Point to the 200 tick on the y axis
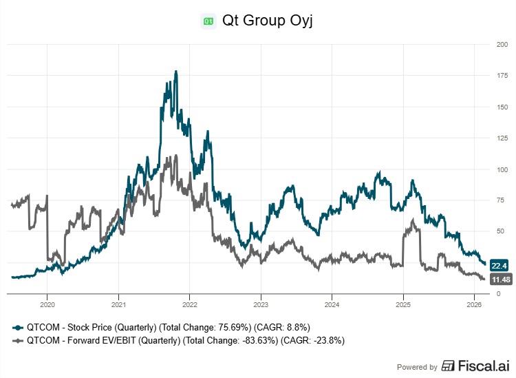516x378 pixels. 502,45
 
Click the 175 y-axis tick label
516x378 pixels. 502,76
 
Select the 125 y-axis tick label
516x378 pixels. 502,138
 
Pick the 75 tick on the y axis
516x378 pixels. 502,200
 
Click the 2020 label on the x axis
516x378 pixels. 47,304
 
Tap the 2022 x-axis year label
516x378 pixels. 189,304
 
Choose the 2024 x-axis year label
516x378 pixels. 332,304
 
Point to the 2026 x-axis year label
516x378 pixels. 473,304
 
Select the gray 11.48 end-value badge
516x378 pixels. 500,280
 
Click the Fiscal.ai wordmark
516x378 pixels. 480,366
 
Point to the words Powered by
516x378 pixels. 418,367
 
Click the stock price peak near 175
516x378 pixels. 176,71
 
